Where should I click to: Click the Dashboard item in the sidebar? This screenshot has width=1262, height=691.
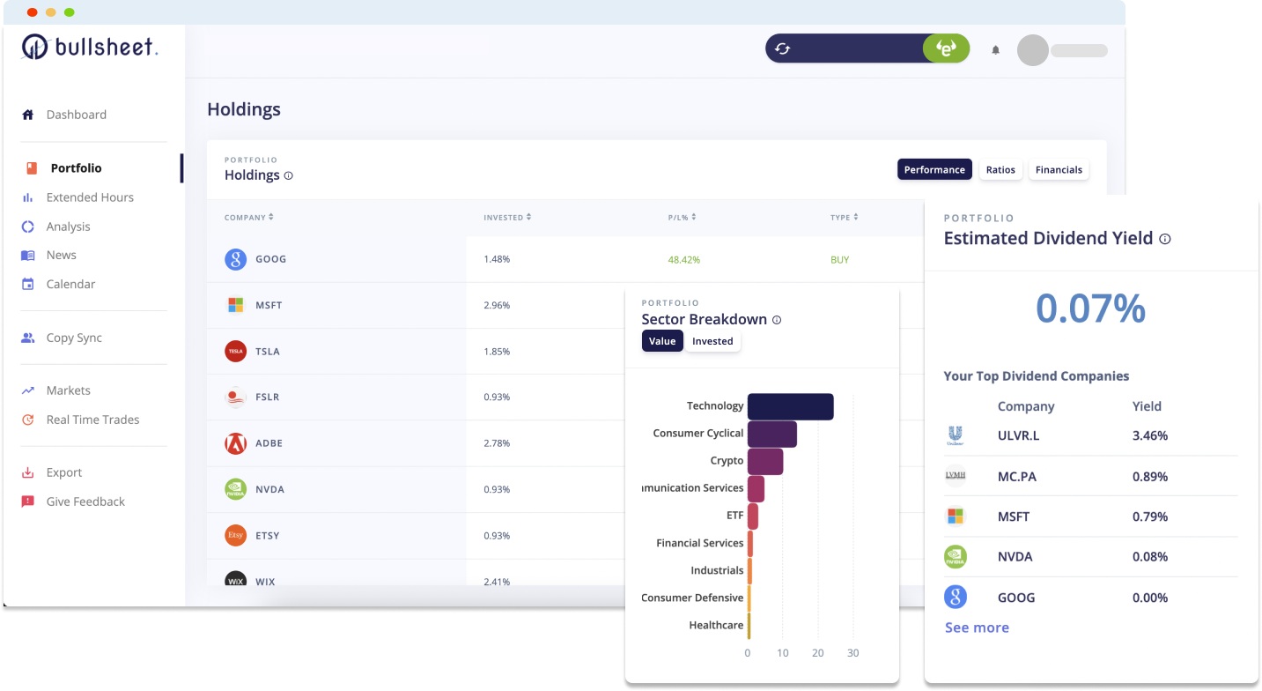tap(76, 115)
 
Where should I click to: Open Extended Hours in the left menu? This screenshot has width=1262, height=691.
tap(89, 197)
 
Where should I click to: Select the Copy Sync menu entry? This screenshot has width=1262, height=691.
tap(74, 338)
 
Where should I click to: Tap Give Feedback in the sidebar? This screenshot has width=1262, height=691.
tap(85, 502)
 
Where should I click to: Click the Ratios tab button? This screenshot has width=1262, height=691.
tap(1000, 169)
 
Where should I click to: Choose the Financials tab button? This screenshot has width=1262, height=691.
tap(1059, 169)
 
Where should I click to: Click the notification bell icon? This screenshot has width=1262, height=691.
tap(996, 50)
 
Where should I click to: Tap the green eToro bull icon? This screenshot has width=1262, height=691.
tap(946, 49)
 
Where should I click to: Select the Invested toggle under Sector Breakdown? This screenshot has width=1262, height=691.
tap(712, 341)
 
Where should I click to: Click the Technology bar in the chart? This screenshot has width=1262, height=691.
tap(790, 406)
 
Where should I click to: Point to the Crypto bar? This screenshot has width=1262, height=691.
tap(765, 461)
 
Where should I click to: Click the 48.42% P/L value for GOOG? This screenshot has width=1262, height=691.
tap(684, 260)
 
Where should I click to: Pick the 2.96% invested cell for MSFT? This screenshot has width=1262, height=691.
tap(497, 305)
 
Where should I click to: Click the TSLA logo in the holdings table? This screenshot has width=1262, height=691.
tap(235, 351)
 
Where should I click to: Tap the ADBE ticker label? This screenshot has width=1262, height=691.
tap(269, 443)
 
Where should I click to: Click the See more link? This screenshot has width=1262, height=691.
tap(977, 628)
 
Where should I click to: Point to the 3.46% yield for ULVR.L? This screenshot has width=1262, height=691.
tap(1150, 435)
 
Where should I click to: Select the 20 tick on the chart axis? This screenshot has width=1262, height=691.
tap(818, 653)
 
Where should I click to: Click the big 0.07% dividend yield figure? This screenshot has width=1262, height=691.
tap(1090, 308)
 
